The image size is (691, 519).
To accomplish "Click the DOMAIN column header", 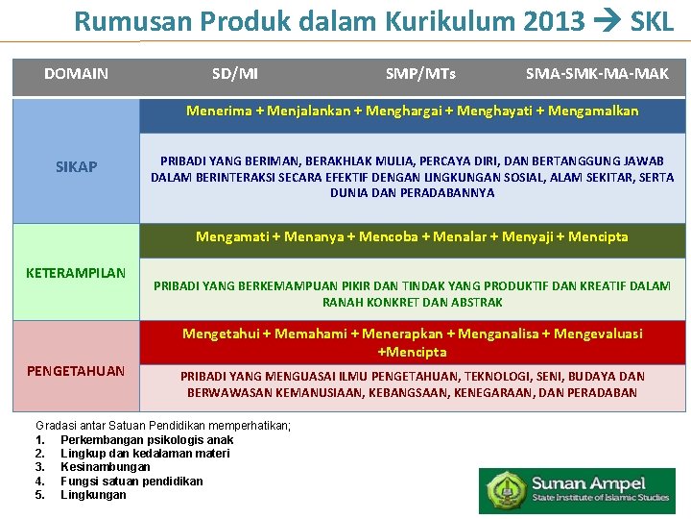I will point(76,74).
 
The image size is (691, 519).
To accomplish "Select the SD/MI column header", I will point(234,74).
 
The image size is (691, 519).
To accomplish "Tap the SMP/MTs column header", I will point(420,74).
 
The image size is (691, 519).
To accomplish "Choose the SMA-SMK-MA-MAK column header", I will point(597,74).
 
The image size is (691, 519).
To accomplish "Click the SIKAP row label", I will point(76,167).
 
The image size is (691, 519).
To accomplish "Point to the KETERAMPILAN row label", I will point(76,273).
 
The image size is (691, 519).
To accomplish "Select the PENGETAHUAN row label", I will point(76,371).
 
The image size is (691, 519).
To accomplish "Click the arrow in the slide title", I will point(606,21).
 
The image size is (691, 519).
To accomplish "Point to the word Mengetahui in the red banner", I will point(225,334).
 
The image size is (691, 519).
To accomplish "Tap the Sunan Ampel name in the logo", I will point(589,483).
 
